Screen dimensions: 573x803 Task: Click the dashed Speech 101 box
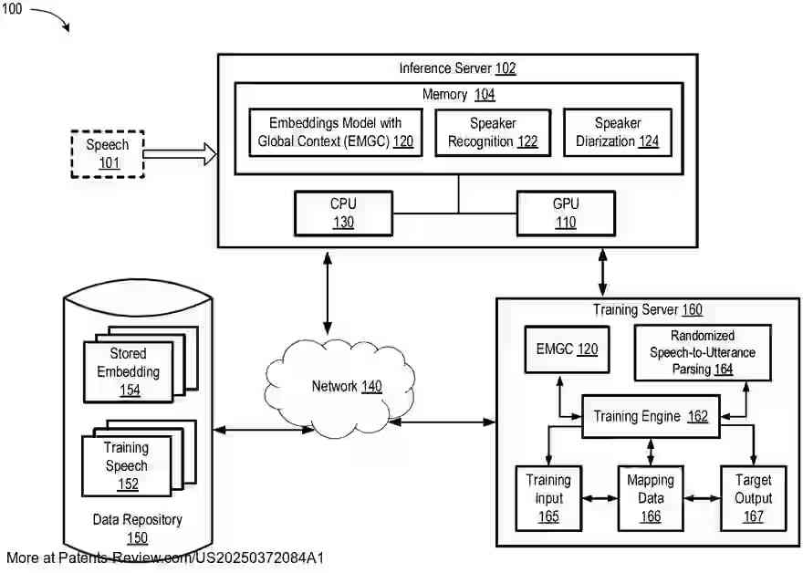108,154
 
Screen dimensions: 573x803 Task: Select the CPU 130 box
343,213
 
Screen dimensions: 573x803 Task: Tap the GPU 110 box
566,213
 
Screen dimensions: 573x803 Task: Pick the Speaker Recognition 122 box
493,132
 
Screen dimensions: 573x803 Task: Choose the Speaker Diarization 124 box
618,132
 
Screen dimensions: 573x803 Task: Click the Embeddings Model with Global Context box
335,132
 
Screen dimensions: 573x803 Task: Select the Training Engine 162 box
651,416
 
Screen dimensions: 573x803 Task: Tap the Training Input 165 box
548,498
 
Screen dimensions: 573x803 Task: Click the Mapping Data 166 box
651,498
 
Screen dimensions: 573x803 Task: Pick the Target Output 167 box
753,498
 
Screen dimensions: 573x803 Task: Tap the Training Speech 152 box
127,465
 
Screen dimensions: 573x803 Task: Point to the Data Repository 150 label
137,528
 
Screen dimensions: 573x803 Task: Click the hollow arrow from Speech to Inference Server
180,154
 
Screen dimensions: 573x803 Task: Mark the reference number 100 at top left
13,9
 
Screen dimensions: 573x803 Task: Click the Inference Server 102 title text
457,68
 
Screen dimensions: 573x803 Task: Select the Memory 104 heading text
458,94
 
